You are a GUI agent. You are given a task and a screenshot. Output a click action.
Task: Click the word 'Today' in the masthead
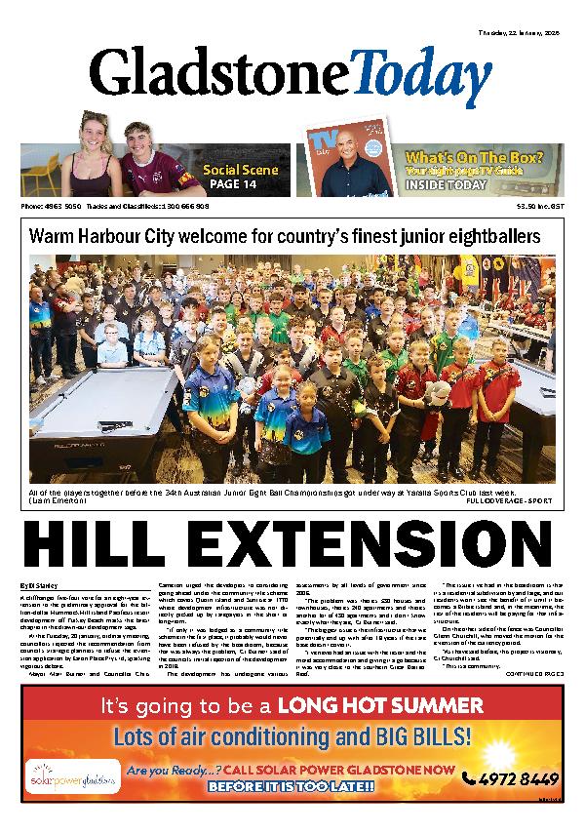pos(416,70)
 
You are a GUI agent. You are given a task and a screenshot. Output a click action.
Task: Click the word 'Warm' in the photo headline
pos(49,237)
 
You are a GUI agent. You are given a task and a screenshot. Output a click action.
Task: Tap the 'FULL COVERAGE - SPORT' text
pos(510,500)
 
